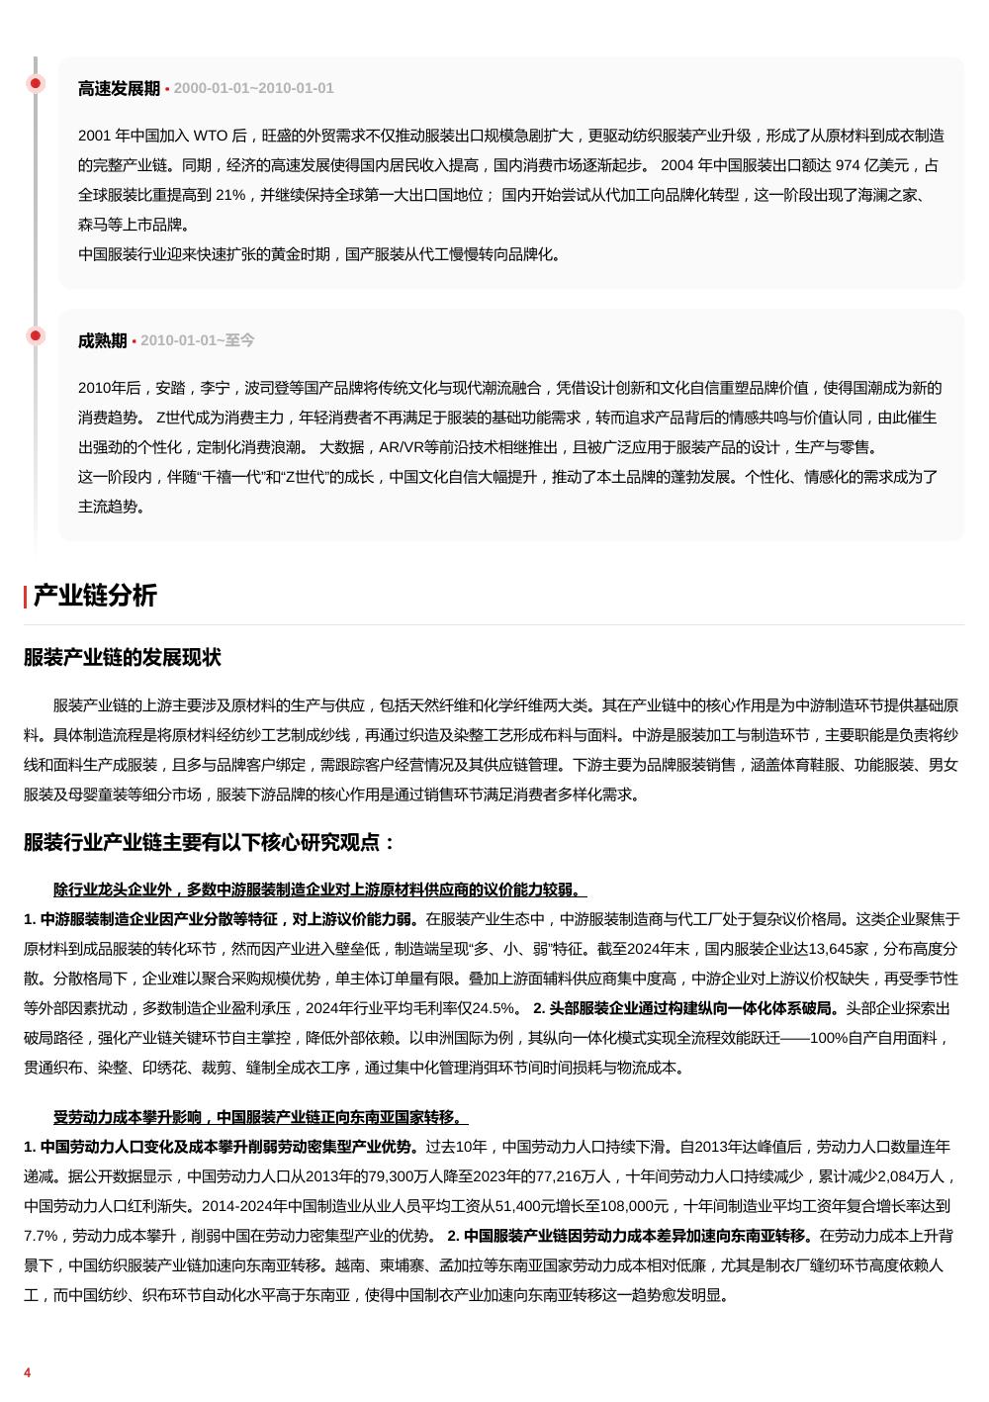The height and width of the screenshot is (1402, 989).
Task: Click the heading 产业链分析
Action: pos(95,596)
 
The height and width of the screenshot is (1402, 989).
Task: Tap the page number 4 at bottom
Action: pos(28,1372)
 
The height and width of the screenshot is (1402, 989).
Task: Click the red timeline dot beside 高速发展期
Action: pos(36,83)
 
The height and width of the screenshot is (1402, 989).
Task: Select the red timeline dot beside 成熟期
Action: pos(36,335)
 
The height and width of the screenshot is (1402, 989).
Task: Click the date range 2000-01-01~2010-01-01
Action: pos(253,88)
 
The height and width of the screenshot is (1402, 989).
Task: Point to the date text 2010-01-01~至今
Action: pos(197,340)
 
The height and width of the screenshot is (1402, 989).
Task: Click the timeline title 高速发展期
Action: pos(119,88)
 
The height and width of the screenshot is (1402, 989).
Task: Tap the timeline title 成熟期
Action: pos(102,340)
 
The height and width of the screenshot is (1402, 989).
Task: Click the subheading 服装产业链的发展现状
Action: pos(123,658)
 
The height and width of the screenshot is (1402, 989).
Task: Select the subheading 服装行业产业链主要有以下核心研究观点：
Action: pos(210,843)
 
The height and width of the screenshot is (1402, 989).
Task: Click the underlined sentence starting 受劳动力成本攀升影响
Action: pos(260,1117)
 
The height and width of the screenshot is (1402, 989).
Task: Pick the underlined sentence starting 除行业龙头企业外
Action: pos(319,889)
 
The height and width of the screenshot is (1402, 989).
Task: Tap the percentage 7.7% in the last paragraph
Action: pos(43,1236)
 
